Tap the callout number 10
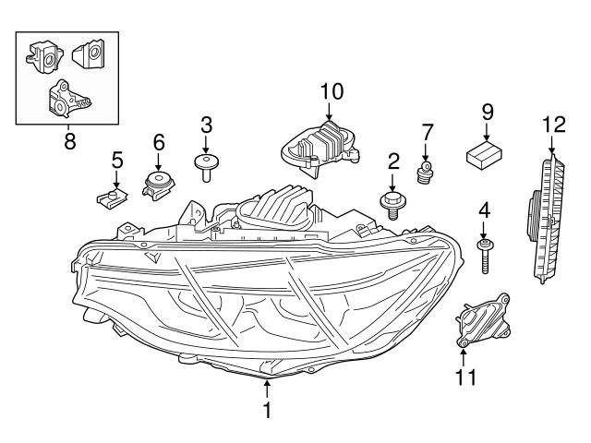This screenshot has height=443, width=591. point(331,90)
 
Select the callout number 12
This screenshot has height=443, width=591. point(552,123)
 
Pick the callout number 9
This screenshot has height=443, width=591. point(487,112)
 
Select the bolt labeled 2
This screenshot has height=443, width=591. point(392,200)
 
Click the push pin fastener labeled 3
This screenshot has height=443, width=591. point(206,165)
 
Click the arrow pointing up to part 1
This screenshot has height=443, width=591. point(267,389)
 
